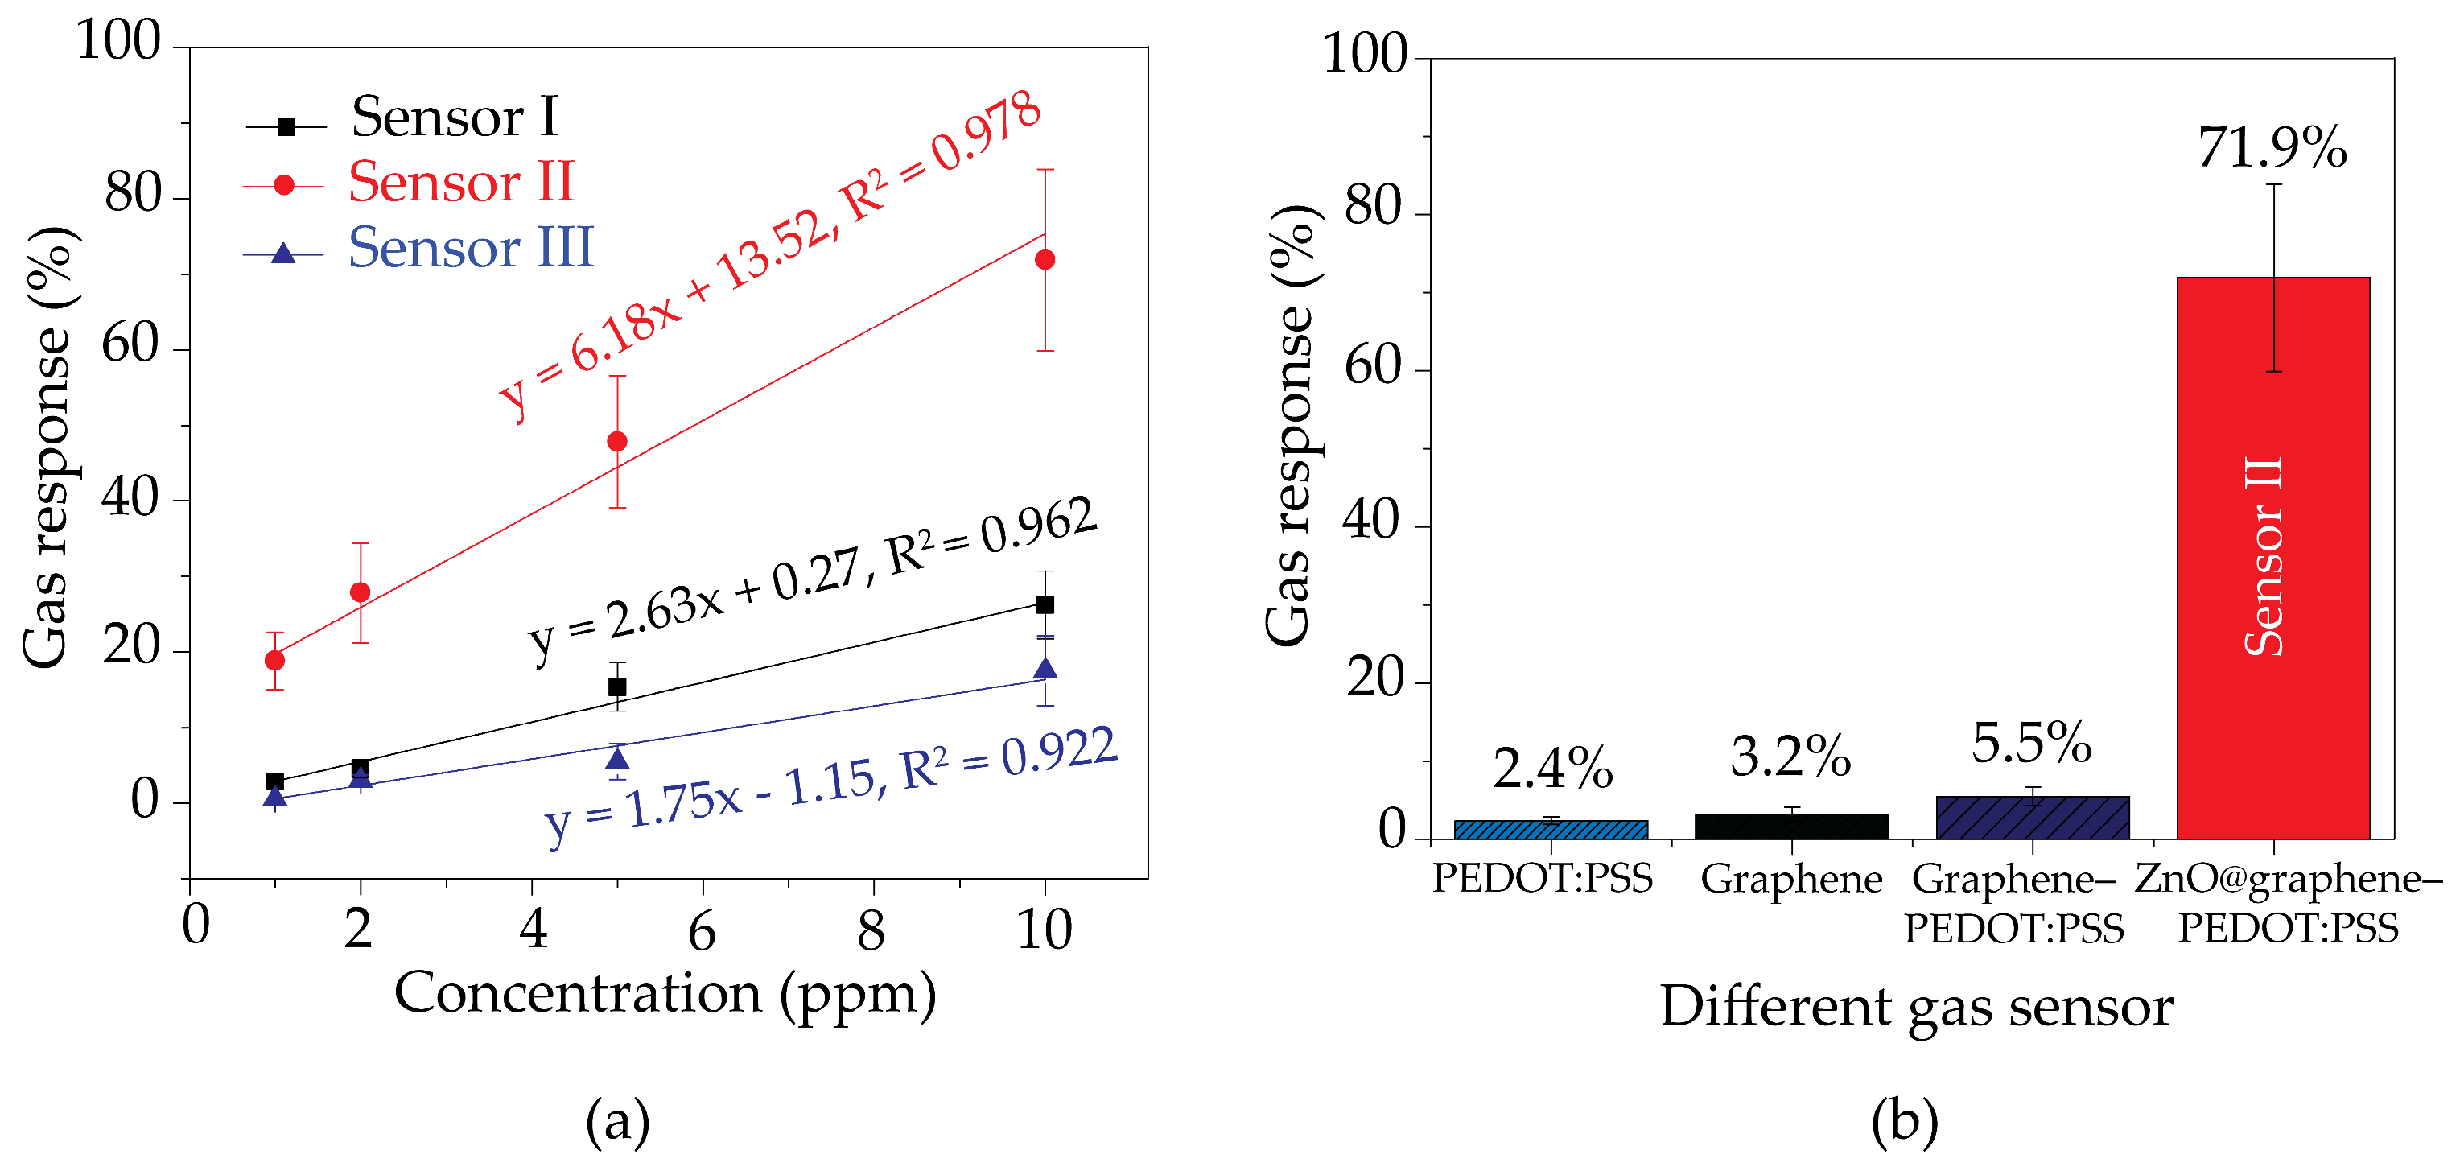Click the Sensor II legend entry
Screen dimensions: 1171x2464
(x=459, y=183)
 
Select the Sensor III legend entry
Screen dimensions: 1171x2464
(x=468, y=249)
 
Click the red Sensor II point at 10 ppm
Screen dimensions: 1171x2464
(x=1045, y=260)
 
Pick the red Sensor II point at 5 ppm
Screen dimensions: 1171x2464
(x=617, y=442)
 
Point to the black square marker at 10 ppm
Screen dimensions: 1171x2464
(x=1045, y=604)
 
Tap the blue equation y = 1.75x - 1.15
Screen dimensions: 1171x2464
(x=830, y=786)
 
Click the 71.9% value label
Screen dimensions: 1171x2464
(x=2271, y=148)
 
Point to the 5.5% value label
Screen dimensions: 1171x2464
(x=2031, y=744)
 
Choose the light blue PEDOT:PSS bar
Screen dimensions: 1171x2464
(x=1551, y=830)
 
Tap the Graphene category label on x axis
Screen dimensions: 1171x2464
(x=1790, y=878)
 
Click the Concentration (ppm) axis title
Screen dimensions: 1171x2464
(x=665, y=995)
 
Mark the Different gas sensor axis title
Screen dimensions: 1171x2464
(x=1916, y=1008)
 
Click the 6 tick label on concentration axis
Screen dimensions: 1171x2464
(x=702, y=930)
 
